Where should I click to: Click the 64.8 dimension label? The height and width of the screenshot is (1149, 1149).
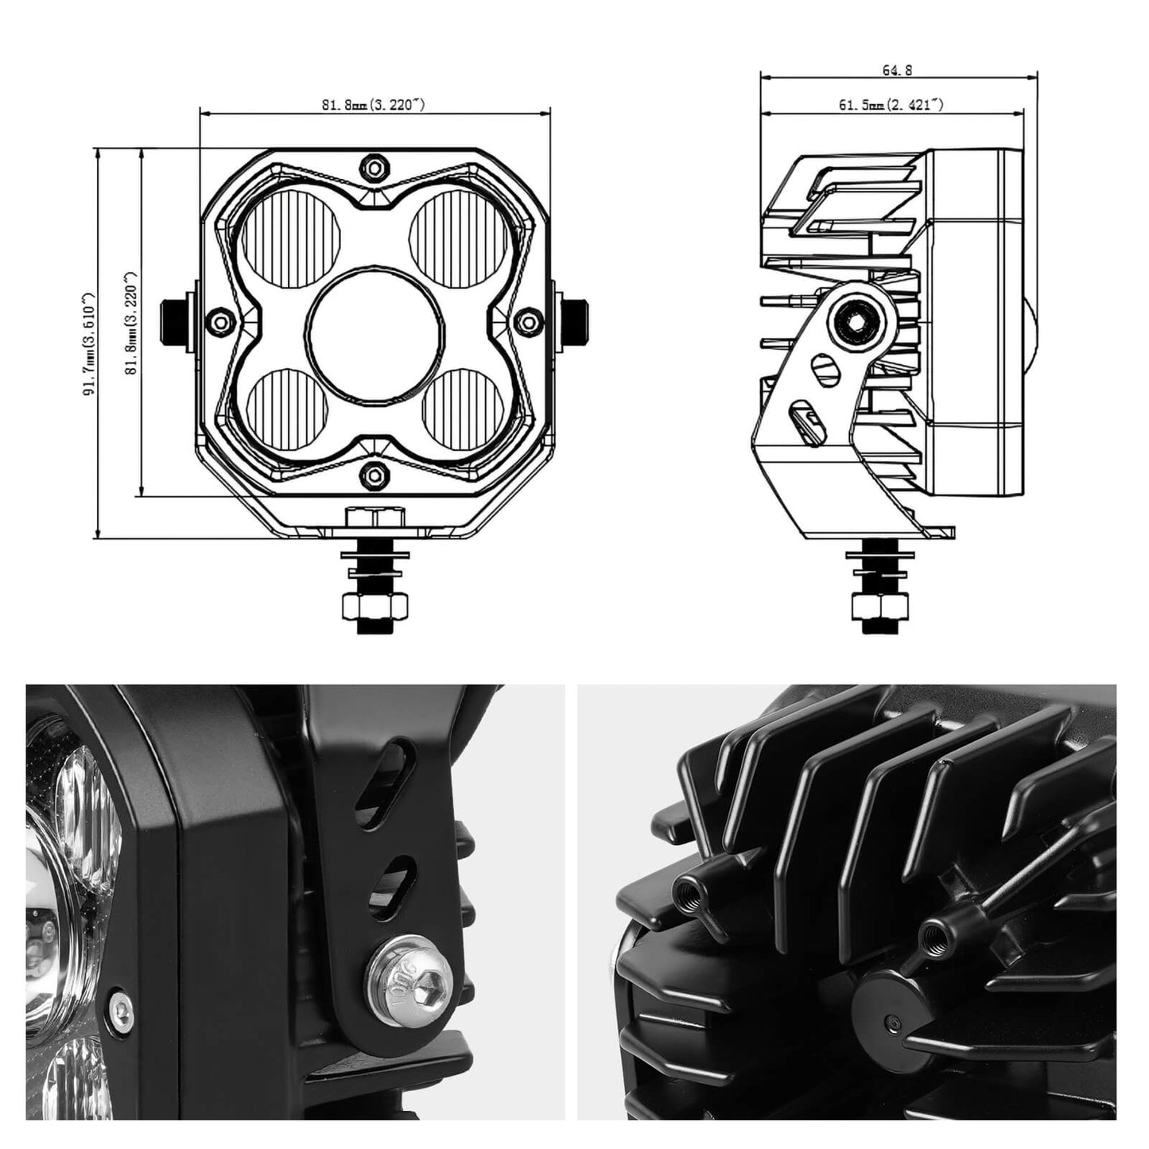click(x=897, y=70)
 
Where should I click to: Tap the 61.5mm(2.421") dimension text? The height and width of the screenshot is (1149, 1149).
click(x=891, y=105)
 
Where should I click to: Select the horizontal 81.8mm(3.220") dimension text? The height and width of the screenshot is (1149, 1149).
click(x=373, y=105)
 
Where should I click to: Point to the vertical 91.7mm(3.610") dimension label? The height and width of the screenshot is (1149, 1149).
click(x=89, y=344)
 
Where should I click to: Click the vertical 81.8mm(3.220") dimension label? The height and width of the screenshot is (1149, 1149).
click(x=131, y=323)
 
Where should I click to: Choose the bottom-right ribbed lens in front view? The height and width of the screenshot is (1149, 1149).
click(x=463, y=410)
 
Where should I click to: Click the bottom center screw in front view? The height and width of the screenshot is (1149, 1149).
click(x=374, y=475)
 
